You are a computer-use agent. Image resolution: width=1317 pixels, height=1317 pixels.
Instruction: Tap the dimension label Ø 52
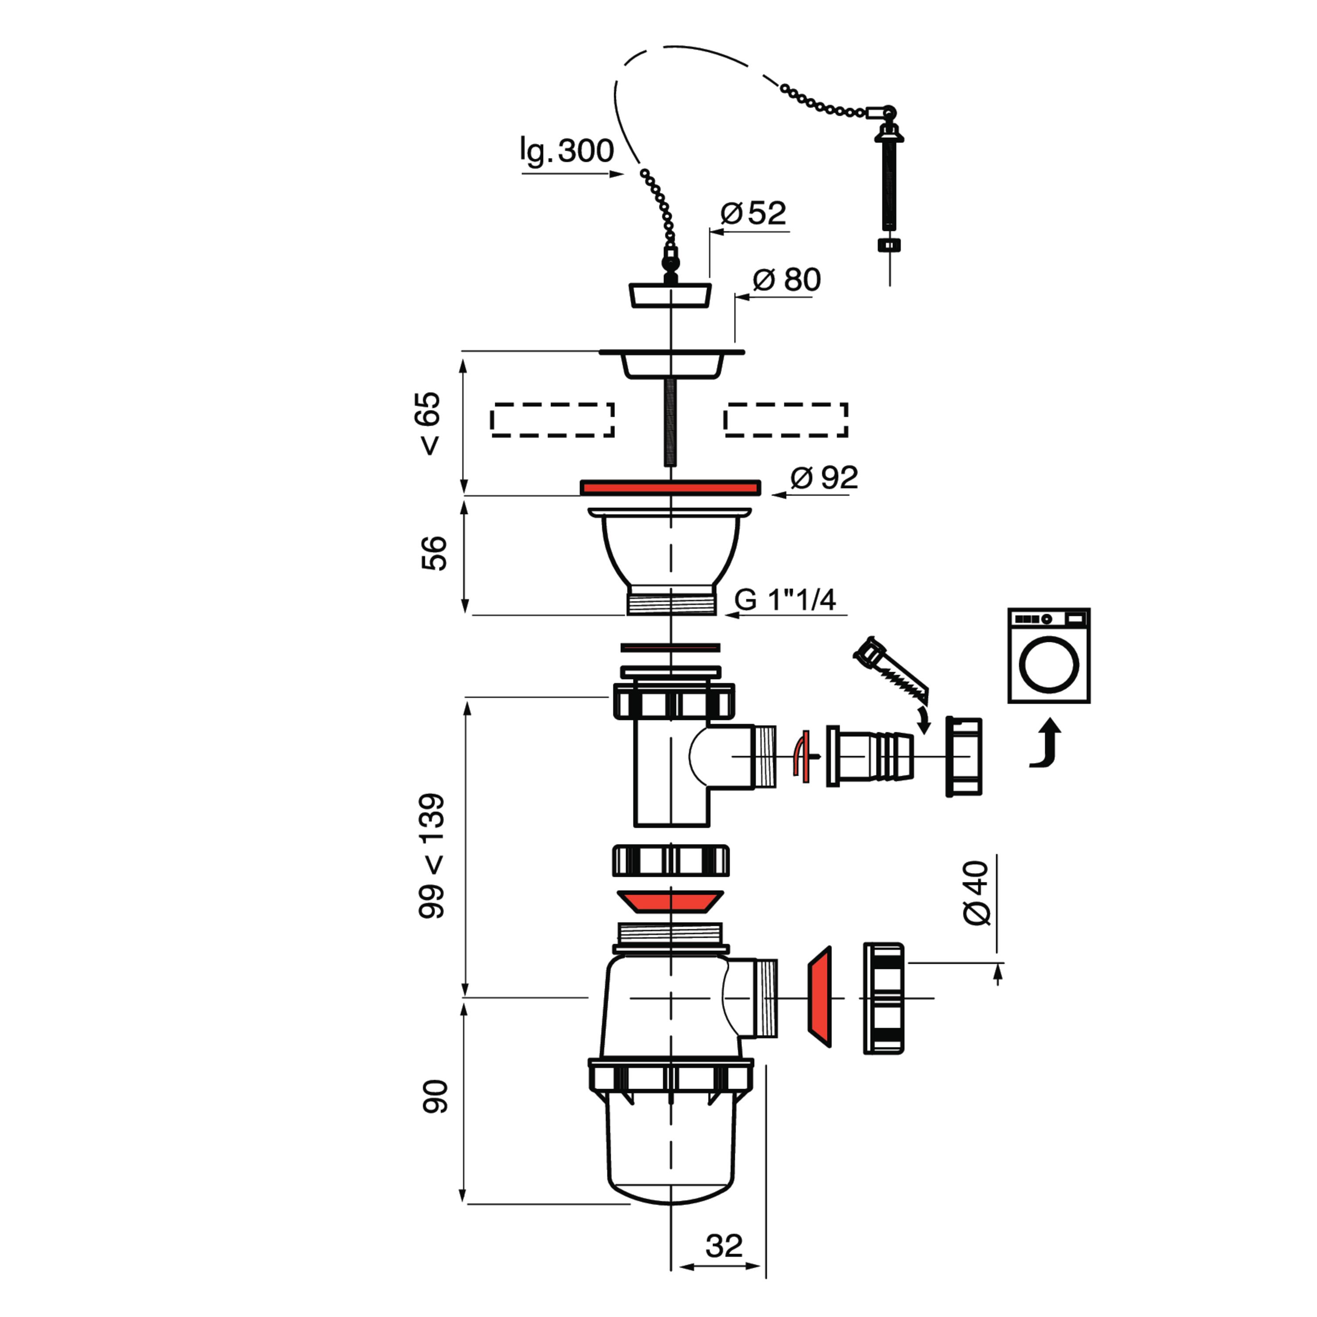coord(753,213)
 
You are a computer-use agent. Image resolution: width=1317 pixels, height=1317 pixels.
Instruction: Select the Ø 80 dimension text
coord(787,280)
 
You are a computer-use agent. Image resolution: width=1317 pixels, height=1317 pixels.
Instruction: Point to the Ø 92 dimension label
coord(824,478)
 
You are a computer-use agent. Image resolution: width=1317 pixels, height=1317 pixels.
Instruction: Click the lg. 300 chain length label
coord(566,151)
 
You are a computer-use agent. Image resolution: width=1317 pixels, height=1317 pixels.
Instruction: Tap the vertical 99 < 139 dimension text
coord(432,856)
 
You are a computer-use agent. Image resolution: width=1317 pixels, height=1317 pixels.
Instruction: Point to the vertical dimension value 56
coord(434,553)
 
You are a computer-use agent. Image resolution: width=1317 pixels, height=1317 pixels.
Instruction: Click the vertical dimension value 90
coord(434,1097)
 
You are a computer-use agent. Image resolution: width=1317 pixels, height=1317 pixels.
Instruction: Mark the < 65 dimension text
coord(431,423)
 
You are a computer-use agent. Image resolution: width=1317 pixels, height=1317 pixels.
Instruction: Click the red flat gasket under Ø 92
coord(670,487)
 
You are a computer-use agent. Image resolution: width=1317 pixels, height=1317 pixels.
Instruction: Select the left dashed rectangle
coord(552,420)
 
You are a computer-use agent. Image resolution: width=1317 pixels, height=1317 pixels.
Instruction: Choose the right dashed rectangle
coord(786,420)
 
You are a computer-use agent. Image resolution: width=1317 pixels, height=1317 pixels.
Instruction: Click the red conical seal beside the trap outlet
coord(819,996)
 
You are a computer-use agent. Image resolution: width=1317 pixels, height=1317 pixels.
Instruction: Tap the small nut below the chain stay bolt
coord(889,245)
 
